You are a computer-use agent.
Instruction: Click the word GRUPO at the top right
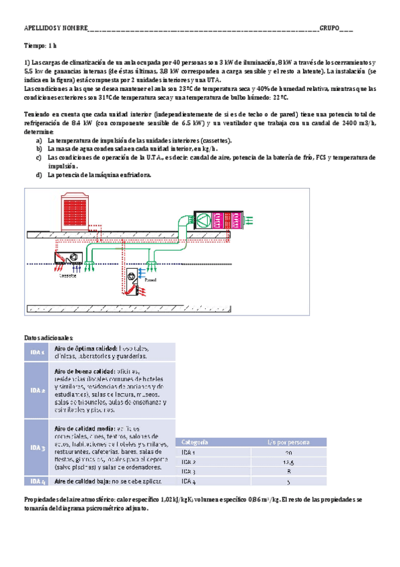click(x=329, y=29)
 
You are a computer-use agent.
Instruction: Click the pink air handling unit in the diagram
click(x=213, y=219)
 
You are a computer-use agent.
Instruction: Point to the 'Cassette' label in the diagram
click(x=68, y=275)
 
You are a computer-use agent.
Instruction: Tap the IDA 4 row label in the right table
click(x=189, y=481)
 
